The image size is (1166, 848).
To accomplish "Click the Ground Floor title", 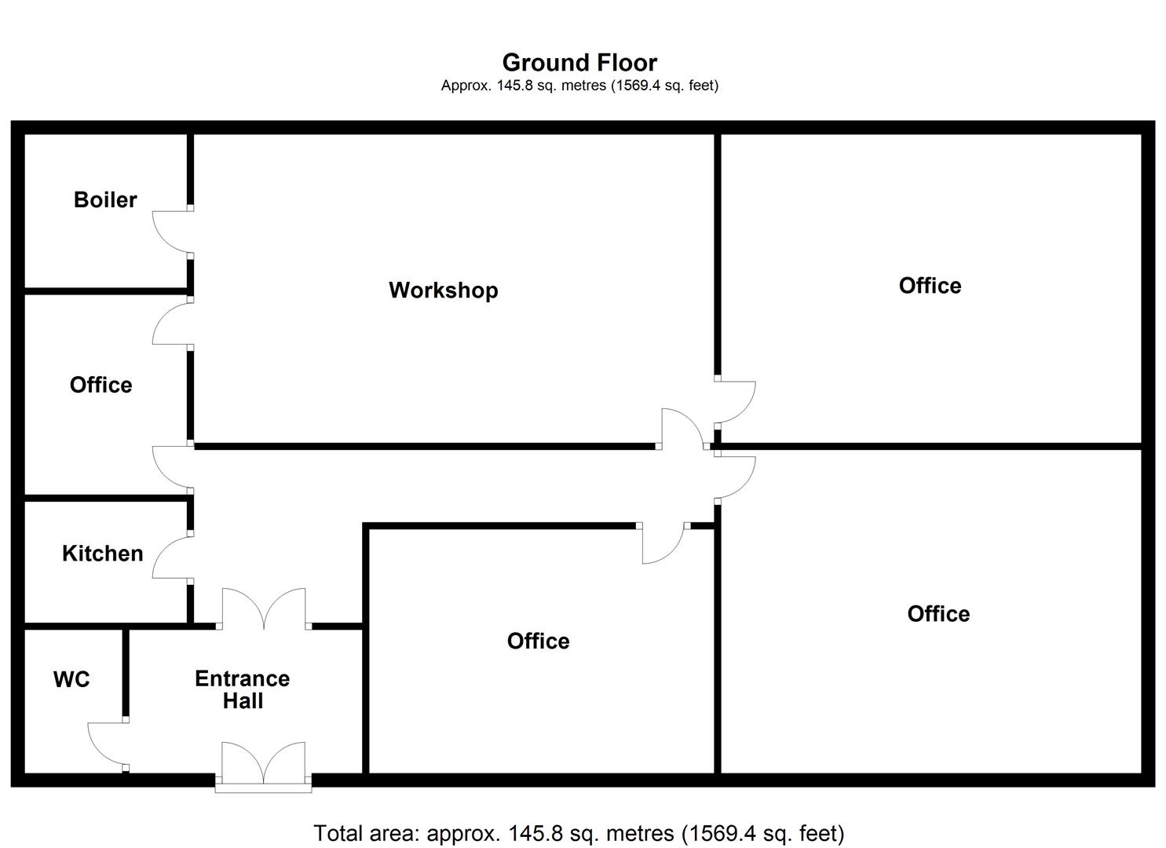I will (x=579, y=62).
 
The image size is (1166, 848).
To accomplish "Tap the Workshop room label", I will (x=443, y=290).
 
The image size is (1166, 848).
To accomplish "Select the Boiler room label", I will (x=105, y=199).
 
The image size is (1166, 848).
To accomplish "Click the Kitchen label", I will (x=103, y=553).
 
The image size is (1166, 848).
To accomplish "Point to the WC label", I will (x=71, y=679).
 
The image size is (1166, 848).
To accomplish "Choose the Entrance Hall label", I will (x=242, y=689).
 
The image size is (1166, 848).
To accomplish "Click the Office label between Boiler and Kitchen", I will (x=101, y=385).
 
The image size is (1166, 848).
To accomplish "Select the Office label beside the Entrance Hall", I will (x=538, y=641).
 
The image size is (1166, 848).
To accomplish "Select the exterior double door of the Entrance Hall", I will (x=263, y=764).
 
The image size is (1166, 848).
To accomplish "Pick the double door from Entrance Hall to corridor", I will (x=263, y=609).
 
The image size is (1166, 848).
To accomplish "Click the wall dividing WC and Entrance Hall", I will (x=125, y=671).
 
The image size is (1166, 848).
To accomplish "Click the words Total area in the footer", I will (x=364, y=833).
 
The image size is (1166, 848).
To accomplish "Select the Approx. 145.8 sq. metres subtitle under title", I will (x=579, y=85).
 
